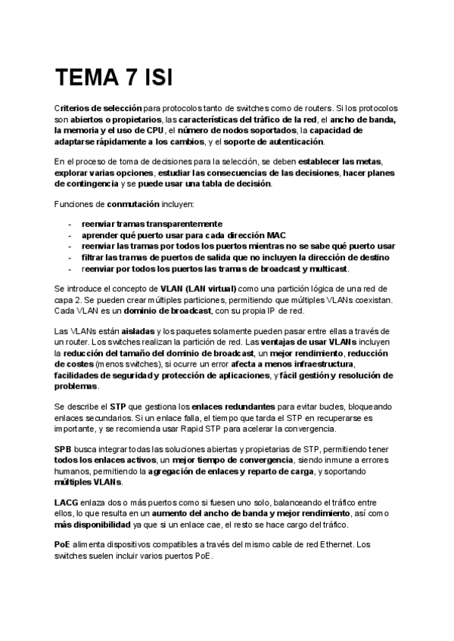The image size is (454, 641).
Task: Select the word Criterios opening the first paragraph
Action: point(73,109)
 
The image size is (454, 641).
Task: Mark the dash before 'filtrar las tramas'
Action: point(70,257)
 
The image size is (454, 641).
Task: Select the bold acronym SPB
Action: point(64,448)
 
